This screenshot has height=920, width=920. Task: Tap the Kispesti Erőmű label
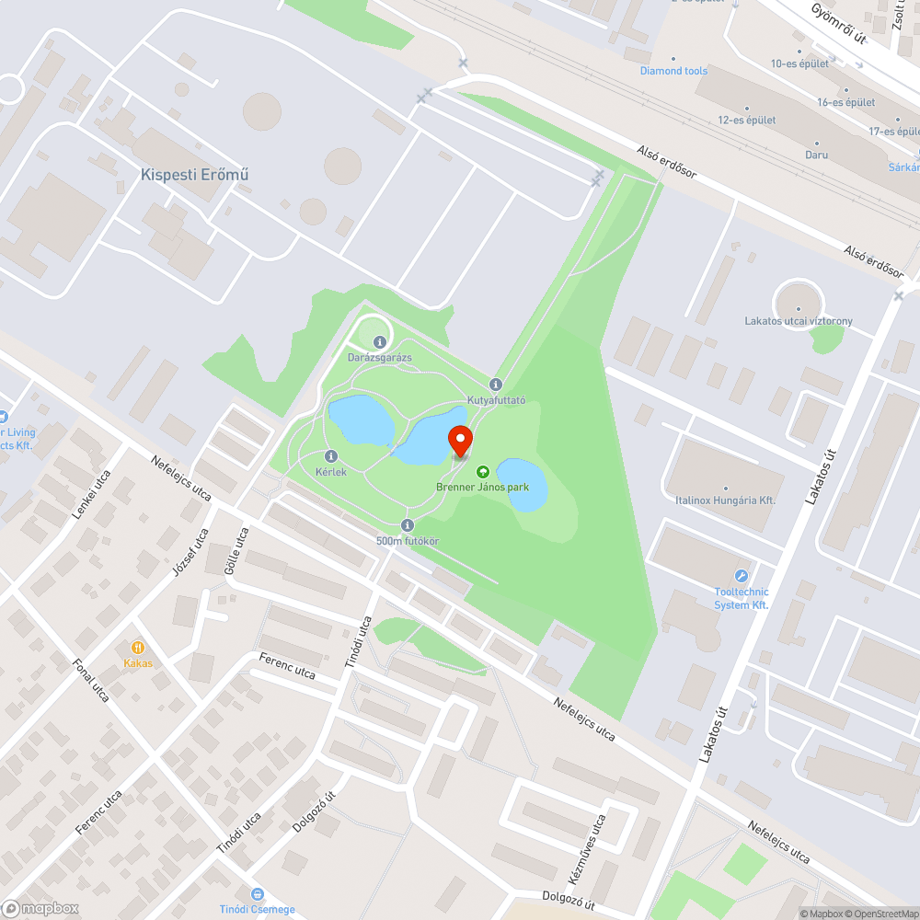pyautogui.click(x=195, y=175)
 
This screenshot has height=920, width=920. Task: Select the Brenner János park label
pyautogui.click(x=482, y=487)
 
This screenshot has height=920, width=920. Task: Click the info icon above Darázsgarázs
pyautogui.click(x=379, y=342)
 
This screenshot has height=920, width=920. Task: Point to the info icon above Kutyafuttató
pyautogui.click(x=496, y=385)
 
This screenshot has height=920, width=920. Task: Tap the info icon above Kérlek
pyautogui.click(x=331, y=456)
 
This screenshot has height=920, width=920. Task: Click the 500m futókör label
pyautogui.click(x=407, y=541)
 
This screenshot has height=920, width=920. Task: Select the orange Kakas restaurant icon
pyautogui.click(x=138, y=648)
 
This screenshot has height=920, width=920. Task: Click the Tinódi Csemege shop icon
pyautogui.click(x=258, y=894)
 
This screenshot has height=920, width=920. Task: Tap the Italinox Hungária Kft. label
pyautogui.click(x=725, y=500)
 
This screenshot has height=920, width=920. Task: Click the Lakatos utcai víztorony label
pyautogui.click(x=799, y=321)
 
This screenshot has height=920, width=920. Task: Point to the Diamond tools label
pyautogui.click(x=674, y=71)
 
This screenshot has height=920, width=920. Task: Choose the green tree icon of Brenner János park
pyautogui.click(x=482, y=471)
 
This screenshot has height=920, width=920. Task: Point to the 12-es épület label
pyautogui.click(x=746, y=121)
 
